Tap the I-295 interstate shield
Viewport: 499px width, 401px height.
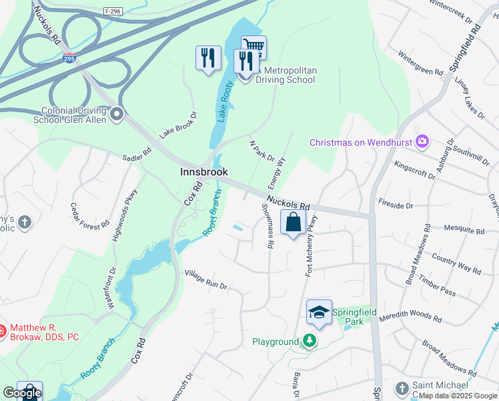[69, 59]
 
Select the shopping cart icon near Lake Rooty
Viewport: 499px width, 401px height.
[254, 45]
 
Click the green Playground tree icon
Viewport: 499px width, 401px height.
[309, 342]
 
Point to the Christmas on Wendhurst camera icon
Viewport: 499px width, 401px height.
[422, 142]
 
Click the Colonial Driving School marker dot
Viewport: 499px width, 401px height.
[117, 114]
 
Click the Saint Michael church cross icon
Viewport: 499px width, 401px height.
[402, 388]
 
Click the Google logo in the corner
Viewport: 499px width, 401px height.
[22, 394]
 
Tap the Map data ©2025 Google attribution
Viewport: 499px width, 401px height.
[458, 396]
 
